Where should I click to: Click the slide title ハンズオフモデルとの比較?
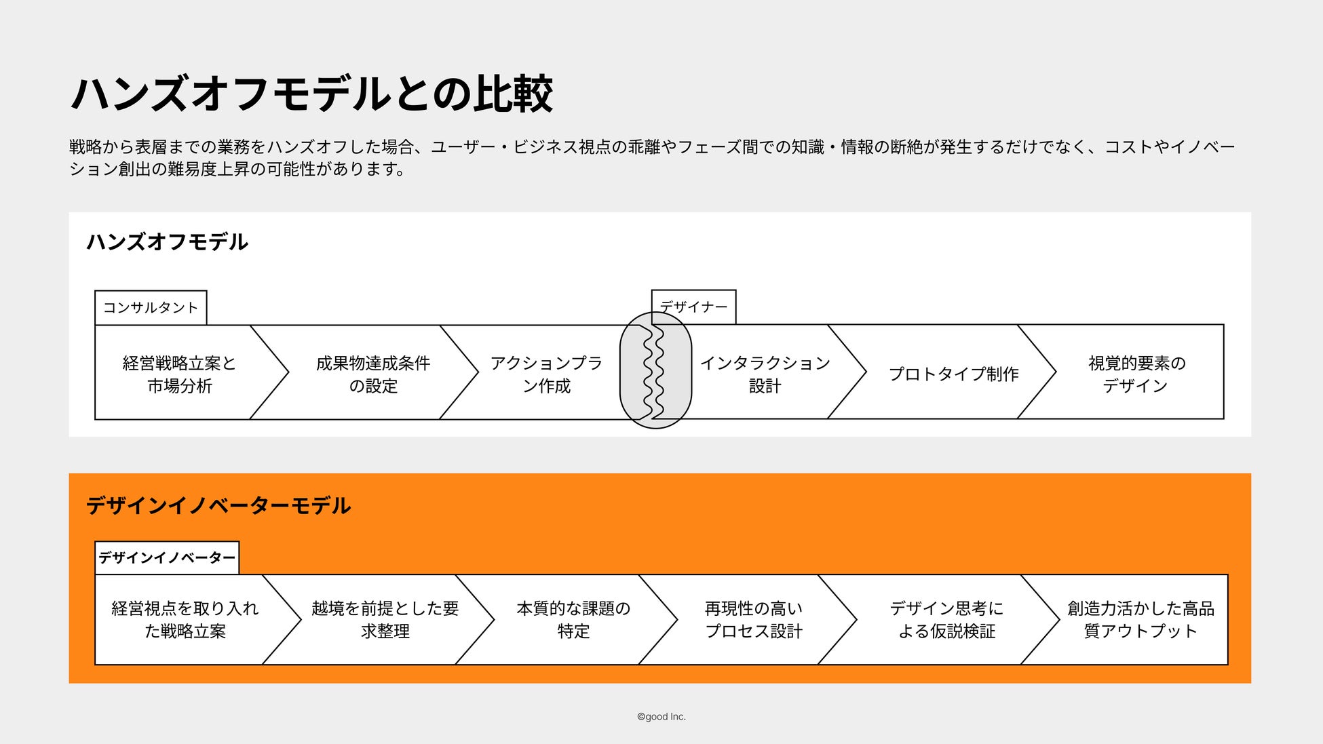312,94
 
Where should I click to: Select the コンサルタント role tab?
151,308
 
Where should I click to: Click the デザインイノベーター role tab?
167,558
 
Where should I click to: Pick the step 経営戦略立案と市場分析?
179,374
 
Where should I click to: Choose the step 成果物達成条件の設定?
372,374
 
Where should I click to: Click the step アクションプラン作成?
546,374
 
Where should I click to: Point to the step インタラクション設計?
765,374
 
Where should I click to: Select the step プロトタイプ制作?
953,374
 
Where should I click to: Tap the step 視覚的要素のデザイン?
1136,374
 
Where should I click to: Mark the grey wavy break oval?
655,370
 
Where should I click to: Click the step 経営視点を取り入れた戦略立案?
185,619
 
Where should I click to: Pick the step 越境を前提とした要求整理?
385,619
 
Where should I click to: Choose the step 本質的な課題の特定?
573,619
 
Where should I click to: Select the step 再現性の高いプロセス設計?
753,619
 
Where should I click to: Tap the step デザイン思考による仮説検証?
946,619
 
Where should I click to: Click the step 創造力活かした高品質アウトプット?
1140,619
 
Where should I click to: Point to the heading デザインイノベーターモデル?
218,506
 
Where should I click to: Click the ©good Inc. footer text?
661,717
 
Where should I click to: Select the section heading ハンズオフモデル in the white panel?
167,242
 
